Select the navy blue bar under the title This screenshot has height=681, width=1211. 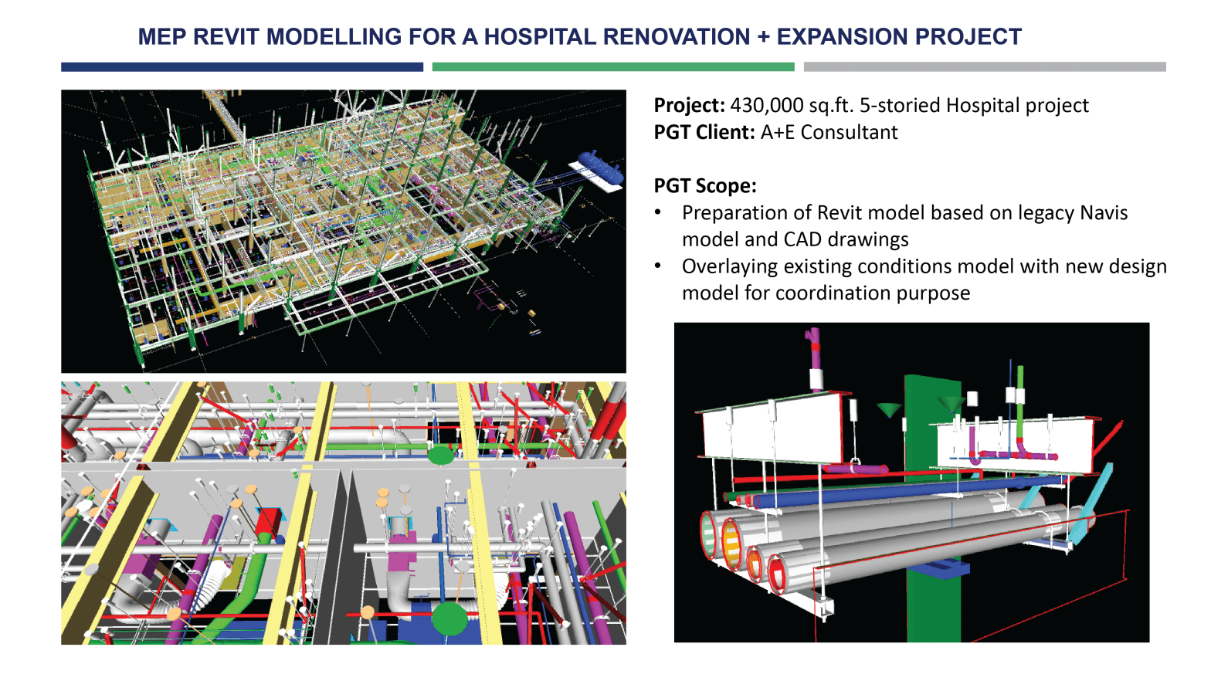242,67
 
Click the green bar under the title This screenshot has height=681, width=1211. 612,67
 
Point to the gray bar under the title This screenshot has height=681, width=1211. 984,67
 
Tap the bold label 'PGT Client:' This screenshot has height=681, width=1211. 704,132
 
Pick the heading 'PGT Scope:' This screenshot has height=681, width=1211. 704,185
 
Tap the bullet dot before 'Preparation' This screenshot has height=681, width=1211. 658,212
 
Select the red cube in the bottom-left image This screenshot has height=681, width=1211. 268,521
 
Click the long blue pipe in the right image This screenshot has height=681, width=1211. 888,494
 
